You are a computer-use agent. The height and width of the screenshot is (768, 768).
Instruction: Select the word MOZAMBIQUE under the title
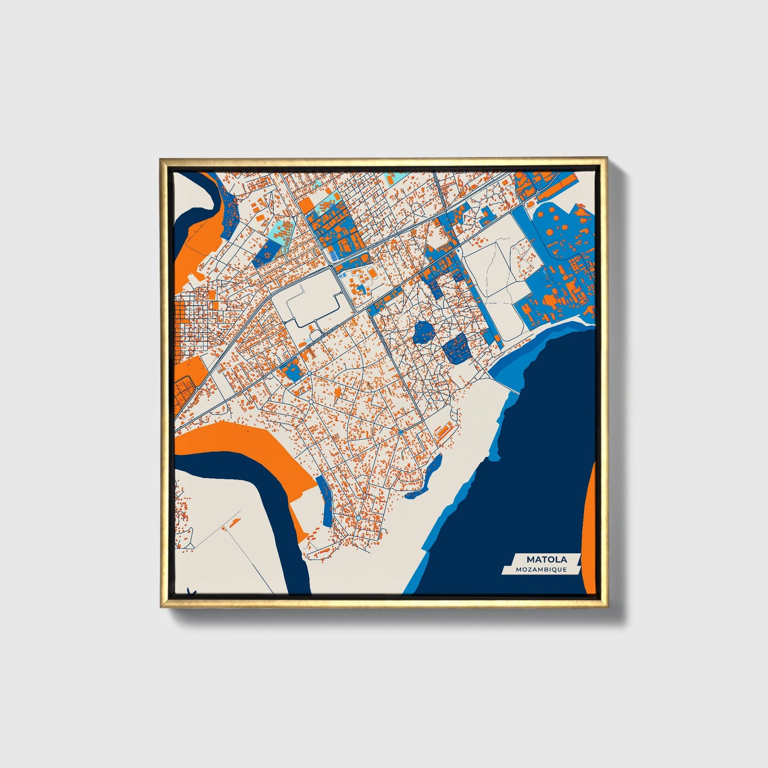(x=541, y=570)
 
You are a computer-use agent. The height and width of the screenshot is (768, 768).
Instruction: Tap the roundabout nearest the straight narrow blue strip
(x=359, y=518)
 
